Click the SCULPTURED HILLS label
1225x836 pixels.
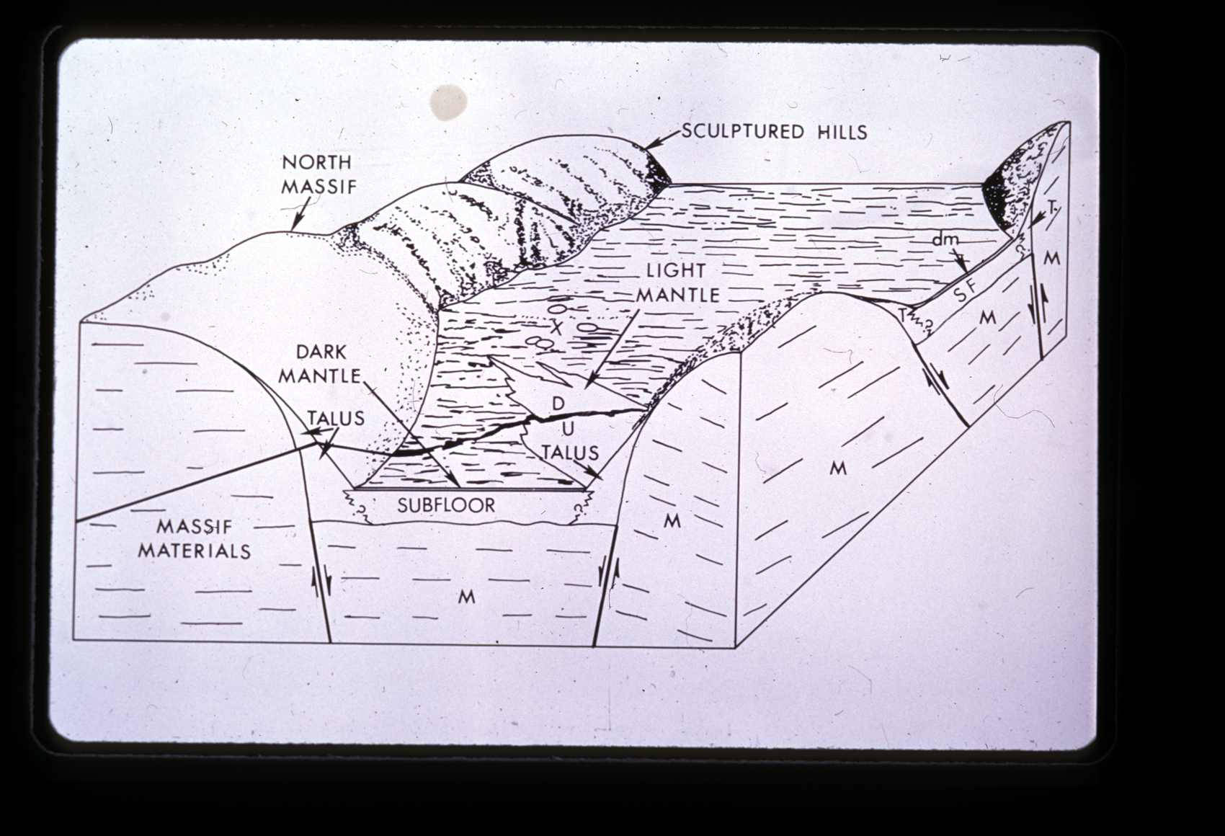[x=775, y=132]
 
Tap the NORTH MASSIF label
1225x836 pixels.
[x=318, y=174]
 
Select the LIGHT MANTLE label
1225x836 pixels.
[x=677, y=283]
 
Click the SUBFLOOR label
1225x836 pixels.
[x=446, y=505]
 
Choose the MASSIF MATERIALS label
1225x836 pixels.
[x=195, y=538]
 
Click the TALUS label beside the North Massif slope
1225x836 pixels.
[x=336, y=419]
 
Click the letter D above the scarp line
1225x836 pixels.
[x=558, y=404]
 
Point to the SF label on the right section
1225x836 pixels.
[x=966, y=294]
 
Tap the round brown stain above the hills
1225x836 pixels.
[x=448, y=102]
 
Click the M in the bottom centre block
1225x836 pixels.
[x=466, y=597]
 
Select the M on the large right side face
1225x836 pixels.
[x=838, y=468]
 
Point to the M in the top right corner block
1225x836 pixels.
[x=1051, y=258]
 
